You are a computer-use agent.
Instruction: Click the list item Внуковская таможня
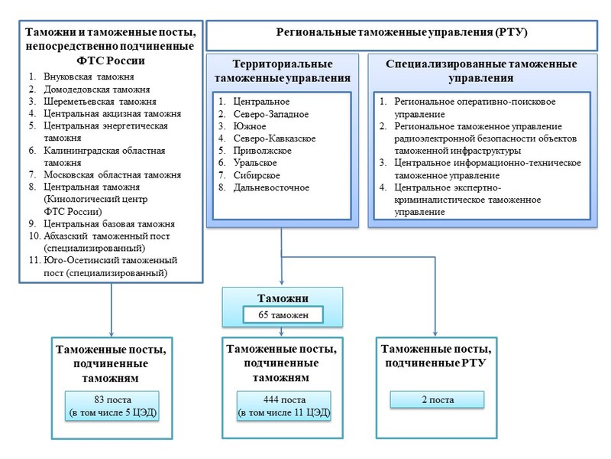89,77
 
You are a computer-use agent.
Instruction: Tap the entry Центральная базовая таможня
109,223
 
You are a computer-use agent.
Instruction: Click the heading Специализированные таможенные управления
481,71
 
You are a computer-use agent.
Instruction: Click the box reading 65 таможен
283,314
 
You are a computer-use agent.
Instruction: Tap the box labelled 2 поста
437,399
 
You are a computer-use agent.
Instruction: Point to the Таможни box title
283,298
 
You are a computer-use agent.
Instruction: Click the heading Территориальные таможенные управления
283,71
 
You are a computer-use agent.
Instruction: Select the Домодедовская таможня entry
97,90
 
